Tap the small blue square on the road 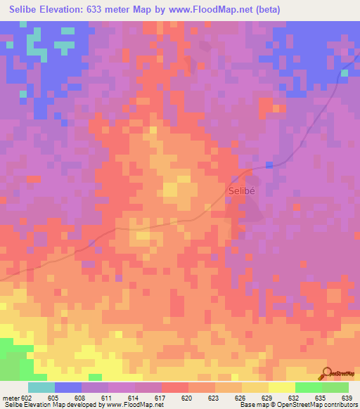click(269, 164)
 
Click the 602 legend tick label click(26, 397)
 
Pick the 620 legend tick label click(187, 397)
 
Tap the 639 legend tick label click(347, 397)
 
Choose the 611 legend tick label click(107, 397)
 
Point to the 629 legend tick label click(267, 397)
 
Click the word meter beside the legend click(10, 397)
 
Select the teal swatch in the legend click(41, 387)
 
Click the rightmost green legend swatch click(335, 387)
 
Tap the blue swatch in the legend click(67, 387)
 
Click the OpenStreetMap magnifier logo click(326, 372)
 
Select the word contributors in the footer click(340, 405)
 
